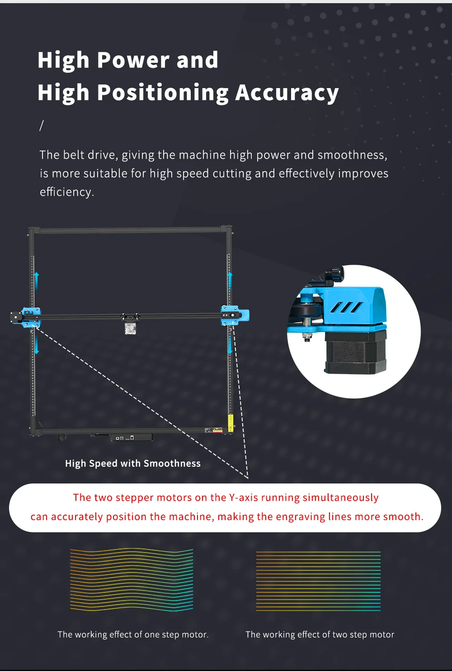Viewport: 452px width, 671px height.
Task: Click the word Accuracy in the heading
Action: coord(287,93)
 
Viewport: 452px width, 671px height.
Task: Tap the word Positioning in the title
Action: coord(163,93)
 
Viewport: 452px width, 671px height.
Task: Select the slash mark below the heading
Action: coord(42,126)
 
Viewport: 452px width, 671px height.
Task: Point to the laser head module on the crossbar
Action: coord(130,328)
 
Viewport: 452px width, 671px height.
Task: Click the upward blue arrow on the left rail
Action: coord(36,282)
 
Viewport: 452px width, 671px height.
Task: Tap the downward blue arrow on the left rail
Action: coord(37,345)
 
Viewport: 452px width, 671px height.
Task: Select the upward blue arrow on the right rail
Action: coord(230,282)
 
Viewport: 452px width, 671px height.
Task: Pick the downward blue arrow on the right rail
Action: coord(230,345)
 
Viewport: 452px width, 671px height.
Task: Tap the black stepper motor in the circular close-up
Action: coord(355,352)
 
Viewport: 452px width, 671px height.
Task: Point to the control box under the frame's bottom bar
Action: coord(132,438)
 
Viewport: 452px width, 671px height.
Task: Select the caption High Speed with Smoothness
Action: coord(133,464)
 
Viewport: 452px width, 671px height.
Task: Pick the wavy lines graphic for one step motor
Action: coord(132,580)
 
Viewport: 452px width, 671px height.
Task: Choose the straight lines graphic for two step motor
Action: coord(318,581)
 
